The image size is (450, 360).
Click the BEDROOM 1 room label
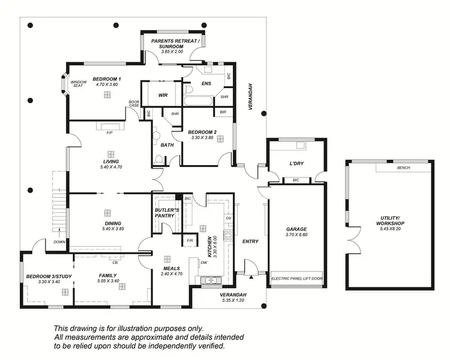[107, 79]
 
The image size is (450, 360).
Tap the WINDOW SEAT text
[79, 85]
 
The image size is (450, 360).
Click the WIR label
[163, 95]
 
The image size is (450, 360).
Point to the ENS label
[206, 83]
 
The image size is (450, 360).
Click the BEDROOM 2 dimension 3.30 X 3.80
[202, 138]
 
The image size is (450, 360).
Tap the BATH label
[167, 145]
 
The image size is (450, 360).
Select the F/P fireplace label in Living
[109, 133]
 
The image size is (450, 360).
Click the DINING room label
[112, 223]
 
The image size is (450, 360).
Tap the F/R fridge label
[190, 241]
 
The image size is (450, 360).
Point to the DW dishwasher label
[205, 262]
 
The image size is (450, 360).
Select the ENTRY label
[250, 241]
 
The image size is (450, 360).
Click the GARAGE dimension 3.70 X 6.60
[296, 235]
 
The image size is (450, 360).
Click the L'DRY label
[295, 163]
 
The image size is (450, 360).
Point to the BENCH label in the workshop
[403, 168]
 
